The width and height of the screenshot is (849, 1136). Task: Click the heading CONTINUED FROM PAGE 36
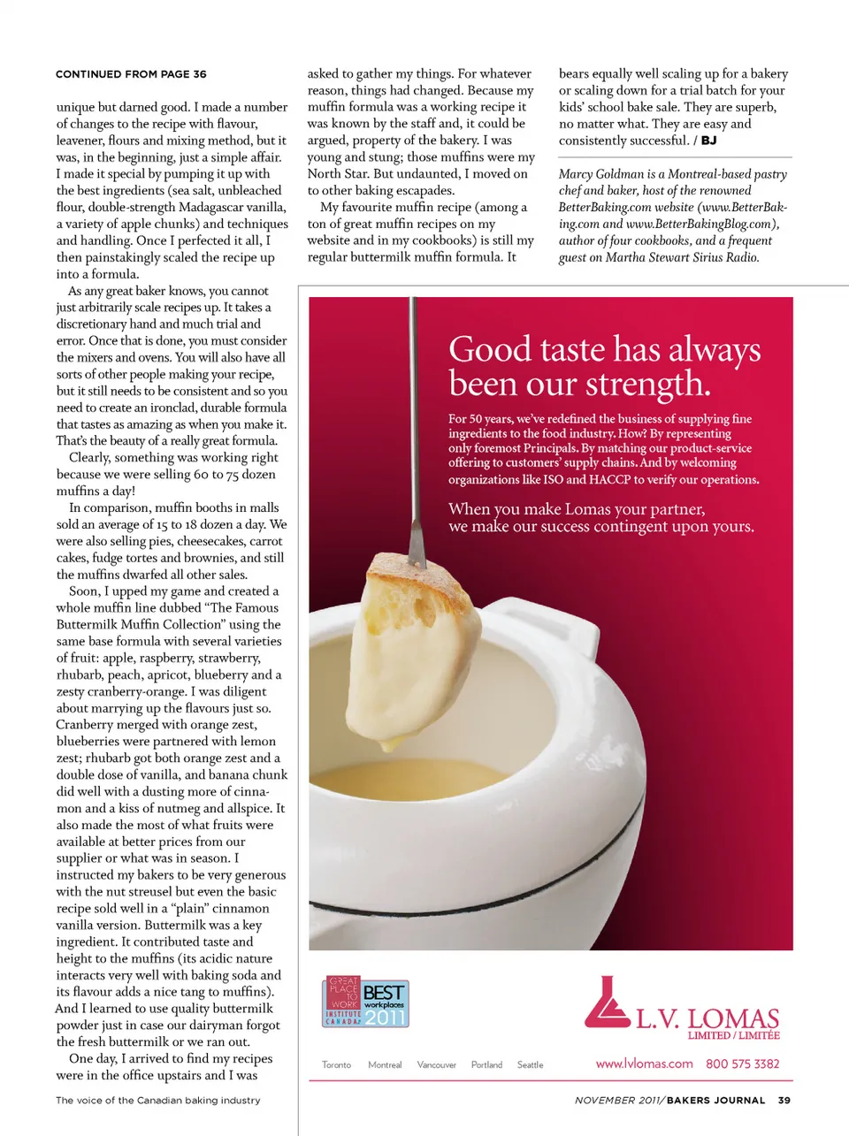(131, 74)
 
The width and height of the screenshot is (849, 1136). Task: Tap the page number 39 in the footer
(784, 1101)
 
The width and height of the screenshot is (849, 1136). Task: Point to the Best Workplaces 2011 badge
(365, 1003)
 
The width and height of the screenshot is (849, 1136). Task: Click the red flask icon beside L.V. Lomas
(606, 1003)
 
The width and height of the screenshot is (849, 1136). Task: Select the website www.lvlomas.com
(644, 1064)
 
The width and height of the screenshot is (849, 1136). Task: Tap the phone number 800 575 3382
(743, 1064)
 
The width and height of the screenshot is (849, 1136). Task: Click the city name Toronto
(336, 1065)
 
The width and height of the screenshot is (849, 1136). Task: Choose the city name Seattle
(530, 1065)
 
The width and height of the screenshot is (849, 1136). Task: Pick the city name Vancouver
(437, 1065)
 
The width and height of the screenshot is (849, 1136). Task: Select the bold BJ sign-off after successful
(709, 141)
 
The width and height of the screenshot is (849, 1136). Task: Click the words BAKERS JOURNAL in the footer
(715, 1101)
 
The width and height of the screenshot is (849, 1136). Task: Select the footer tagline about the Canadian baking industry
(158, 1101)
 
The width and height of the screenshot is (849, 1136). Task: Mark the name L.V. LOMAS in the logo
(707, 1018)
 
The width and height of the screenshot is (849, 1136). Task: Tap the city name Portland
(486, 1065)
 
